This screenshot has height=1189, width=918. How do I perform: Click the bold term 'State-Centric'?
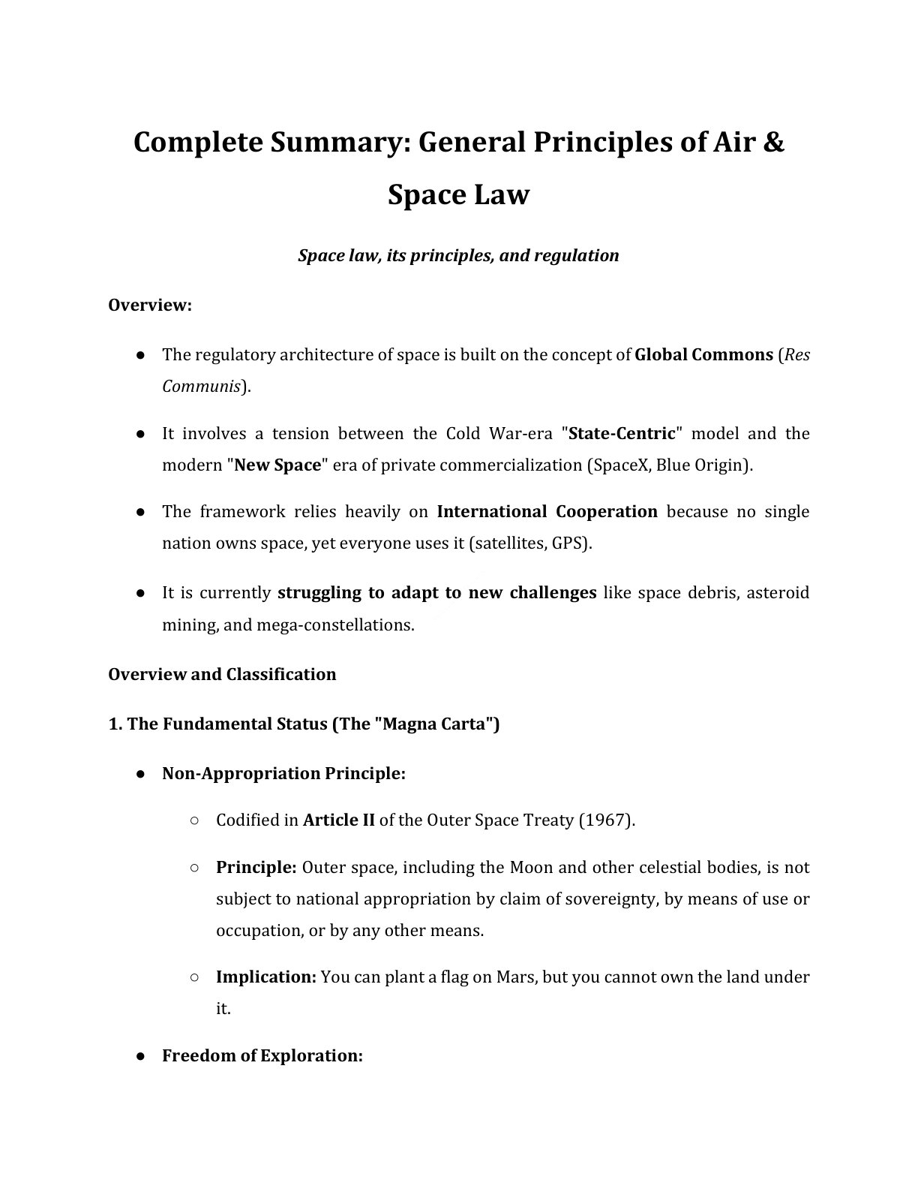click(x=622, y=433)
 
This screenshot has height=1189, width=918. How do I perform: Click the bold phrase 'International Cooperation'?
click(x=547, y=512)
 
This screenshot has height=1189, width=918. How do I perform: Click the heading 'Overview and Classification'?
click(x=222, y=674)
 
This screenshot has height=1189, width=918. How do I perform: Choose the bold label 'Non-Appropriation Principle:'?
click(x=283, y=774)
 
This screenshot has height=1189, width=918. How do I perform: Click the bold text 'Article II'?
click(x=338, y=820)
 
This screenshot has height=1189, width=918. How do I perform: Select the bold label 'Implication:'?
click(x=265, y=977)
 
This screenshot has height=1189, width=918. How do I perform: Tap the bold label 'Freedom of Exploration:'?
click(x=262, y=1056)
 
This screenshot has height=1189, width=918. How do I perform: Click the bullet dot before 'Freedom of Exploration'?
click(x=140, y=1056)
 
